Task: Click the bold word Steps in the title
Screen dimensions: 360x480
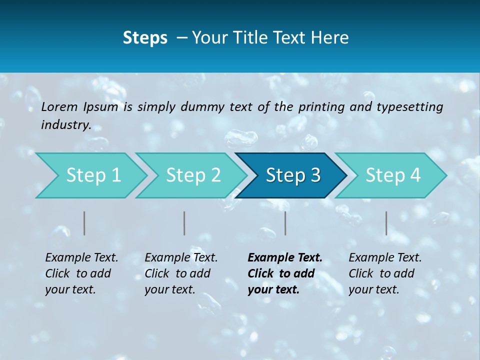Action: (145, 38)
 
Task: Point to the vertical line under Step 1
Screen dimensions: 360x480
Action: (84, 223)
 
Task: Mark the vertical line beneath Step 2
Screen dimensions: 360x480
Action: (184, 223)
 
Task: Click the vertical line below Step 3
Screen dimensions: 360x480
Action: (285, 223)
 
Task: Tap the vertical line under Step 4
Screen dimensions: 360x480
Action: (386, 223)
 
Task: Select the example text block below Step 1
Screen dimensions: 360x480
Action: (81, 273)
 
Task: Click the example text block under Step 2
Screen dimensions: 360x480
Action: (180, 273)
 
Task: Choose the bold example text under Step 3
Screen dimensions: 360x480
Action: (284, 273)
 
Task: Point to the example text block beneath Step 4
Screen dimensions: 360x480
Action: (384, 273)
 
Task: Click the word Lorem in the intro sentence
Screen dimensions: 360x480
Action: (59, 106)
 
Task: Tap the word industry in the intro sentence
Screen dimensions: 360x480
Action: (65, 125)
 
